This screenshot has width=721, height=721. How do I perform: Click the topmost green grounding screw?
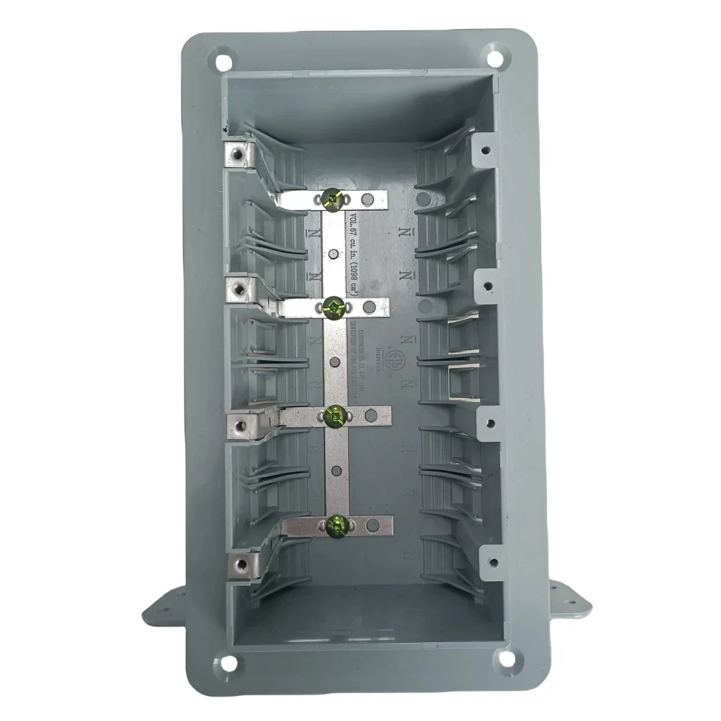click(x=332, y=197)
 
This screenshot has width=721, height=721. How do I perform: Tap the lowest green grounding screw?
click(x=336, y=527)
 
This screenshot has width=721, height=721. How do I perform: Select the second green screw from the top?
click(x=333, y=306)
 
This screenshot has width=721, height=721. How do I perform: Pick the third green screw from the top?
click(x=335, y=416)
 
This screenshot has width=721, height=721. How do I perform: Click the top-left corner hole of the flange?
click(x=224, y=62)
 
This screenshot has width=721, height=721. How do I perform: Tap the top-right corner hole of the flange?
click(x=493, y=54)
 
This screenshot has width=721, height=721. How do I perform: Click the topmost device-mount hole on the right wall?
click(x=486, y=151)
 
